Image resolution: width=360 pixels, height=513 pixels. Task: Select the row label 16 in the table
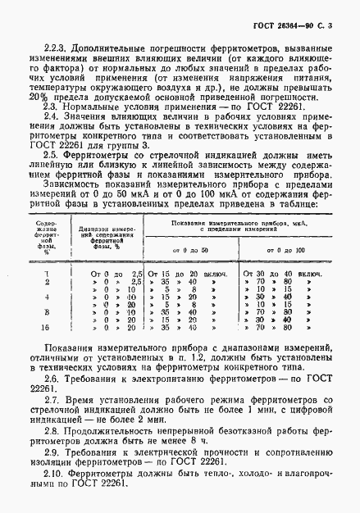(46, 326)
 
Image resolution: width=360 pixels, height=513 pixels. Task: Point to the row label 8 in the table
(46, 312)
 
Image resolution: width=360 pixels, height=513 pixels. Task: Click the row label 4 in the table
(46, 297)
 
